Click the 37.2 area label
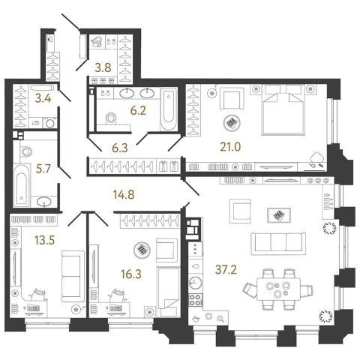(x=226, y=270)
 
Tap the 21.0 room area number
(x=230, y=147)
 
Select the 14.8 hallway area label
(x=124, y=194)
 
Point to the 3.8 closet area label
(x=103, y=67)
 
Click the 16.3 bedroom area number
(x=131, y=274)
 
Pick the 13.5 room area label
(x=44, y=241)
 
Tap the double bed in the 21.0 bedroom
(x=283, y=109)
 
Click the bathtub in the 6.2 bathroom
(x=169, y=109)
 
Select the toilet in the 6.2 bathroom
(x=110, y=118)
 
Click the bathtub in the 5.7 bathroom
(x=22, y=185)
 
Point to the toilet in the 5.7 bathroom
(x=25, y=151)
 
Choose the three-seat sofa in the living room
(x=278, y=244)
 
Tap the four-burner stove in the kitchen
(x=195, y=300)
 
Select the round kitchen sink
(x=195, y=283)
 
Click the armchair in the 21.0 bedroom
(x=232, y=98)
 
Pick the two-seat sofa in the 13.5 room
(x=73, y=277)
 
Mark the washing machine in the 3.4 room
(x=50, y=123)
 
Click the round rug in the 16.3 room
(x=142, y=250)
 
